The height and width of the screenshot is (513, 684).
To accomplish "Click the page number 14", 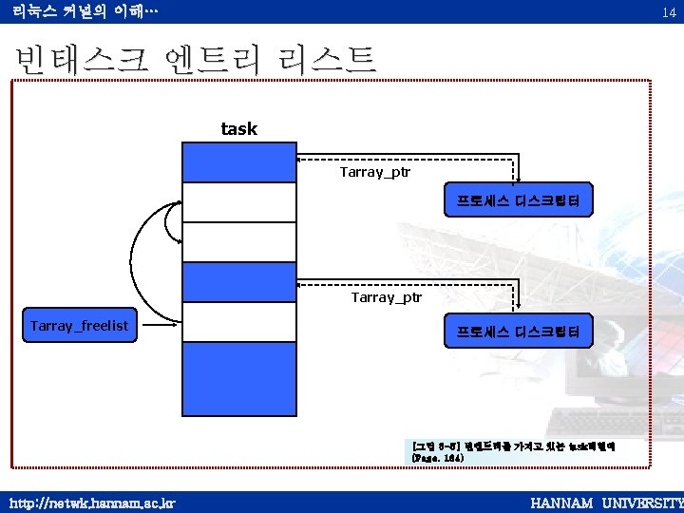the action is (x=669, y=11).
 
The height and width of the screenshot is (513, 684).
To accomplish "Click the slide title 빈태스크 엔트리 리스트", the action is (x=196, y=60).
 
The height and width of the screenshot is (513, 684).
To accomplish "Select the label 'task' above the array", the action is (x=238, y=128).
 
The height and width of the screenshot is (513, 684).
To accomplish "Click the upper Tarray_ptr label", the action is (x=375, y=173).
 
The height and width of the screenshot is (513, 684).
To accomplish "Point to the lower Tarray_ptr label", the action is (x=387, y=297).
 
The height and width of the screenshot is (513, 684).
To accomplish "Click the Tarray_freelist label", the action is (x=79, y=326).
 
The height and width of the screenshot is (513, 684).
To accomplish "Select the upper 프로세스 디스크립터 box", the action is (x=519, y=200).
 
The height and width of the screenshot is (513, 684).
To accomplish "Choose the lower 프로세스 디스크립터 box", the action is (x=519, y=332).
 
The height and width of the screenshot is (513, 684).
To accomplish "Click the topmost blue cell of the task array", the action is (x=239, y=161).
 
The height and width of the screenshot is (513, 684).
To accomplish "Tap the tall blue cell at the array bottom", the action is (x=239, y=378).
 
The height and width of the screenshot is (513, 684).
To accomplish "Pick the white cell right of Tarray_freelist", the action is (x=239, y=321).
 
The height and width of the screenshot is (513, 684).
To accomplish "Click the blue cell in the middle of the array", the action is (x=239, y=281).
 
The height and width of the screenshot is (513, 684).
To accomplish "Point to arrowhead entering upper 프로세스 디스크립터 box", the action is (x=516, y=176).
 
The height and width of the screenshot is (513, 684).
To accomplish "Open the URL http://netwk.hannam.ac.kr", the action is (x=92, y=501).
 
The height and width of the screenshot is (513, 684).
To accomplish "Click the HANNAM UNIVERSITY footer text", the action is (x=606, y=501).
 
